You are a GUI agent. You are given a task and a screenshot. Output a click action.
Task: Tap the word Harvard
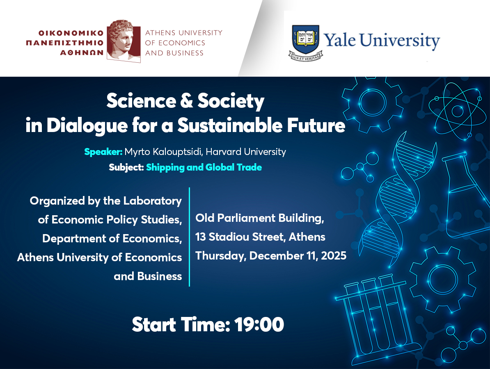tap(224, 152)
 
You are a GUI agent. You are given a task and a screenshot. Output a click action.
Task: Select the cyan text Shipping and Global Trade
tap(204, 167)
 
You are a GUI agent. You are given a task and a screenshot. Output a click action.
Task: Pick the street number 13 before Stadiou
tap(200, 237)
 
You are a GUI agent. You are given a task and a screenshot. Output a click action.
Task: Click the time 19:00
tap(259, 325)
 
